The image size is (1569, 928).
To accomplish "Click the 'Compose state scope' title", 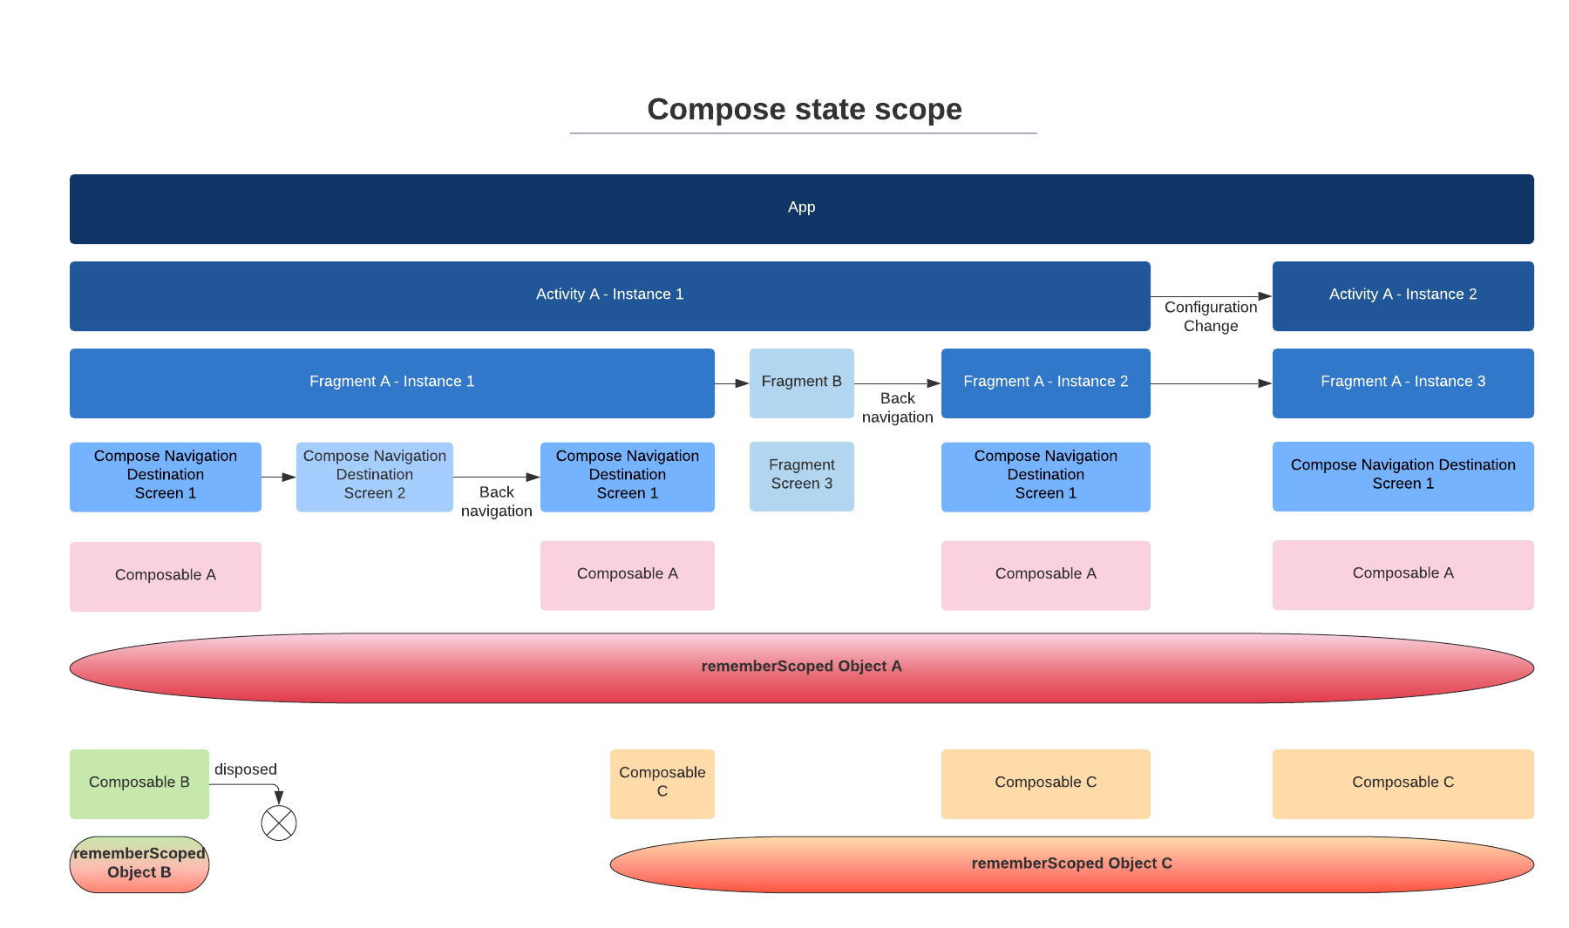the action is [x=804, y=110].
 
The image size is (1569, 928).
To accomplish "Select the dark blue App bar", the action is [x=801, y=209].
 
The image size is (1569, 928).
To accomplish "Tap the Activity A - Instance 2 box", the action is [x=1403, y=296].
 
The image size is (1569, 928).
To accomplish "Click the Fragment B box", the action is [x=801, y=383].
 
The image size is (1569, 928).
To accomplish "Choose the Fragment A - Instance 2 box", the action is [x=1045, y=383].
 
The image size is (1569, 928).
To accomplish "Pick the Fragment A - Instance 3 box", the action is [x=1403, y=383].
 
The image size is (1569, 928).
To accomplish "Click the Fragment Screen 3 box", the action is [x=801, y=477].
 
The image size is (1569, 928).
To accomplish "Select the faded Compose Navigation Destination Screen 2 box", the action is [x=374, y=477].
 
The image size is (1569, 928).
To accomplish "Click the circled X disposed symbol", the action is [x=279, y=823].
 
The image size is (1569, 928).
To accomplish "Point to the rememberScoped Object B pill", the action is [x=139, y=864].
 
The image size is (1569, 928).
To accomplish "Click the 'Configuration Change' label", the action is [x=1211, y=316].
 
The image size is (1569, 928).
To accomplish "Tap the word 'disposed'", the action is [x=246, y=769].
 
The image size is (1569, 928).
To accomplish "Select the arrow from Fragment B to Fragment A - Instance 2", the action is [x=898, y=383].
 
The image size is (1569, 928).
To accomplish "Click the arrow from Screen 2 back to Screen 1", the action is [x=497, y=477].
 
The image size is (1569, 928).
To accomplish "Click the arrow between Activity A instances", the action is [x=1212, y=296].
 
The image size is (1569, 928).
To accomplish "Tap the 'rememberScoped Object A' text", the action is [x=801, y=667].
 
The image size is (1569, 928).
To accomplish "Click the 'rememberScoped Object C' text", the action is [x=1071, y=864].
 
